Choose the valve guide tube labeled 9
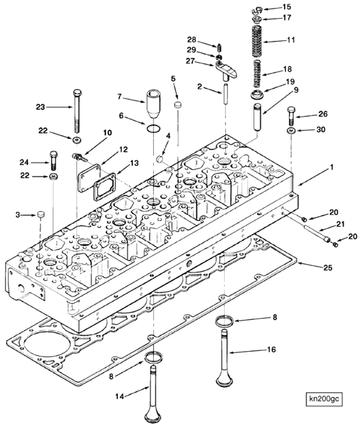(x=259, y=115)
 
